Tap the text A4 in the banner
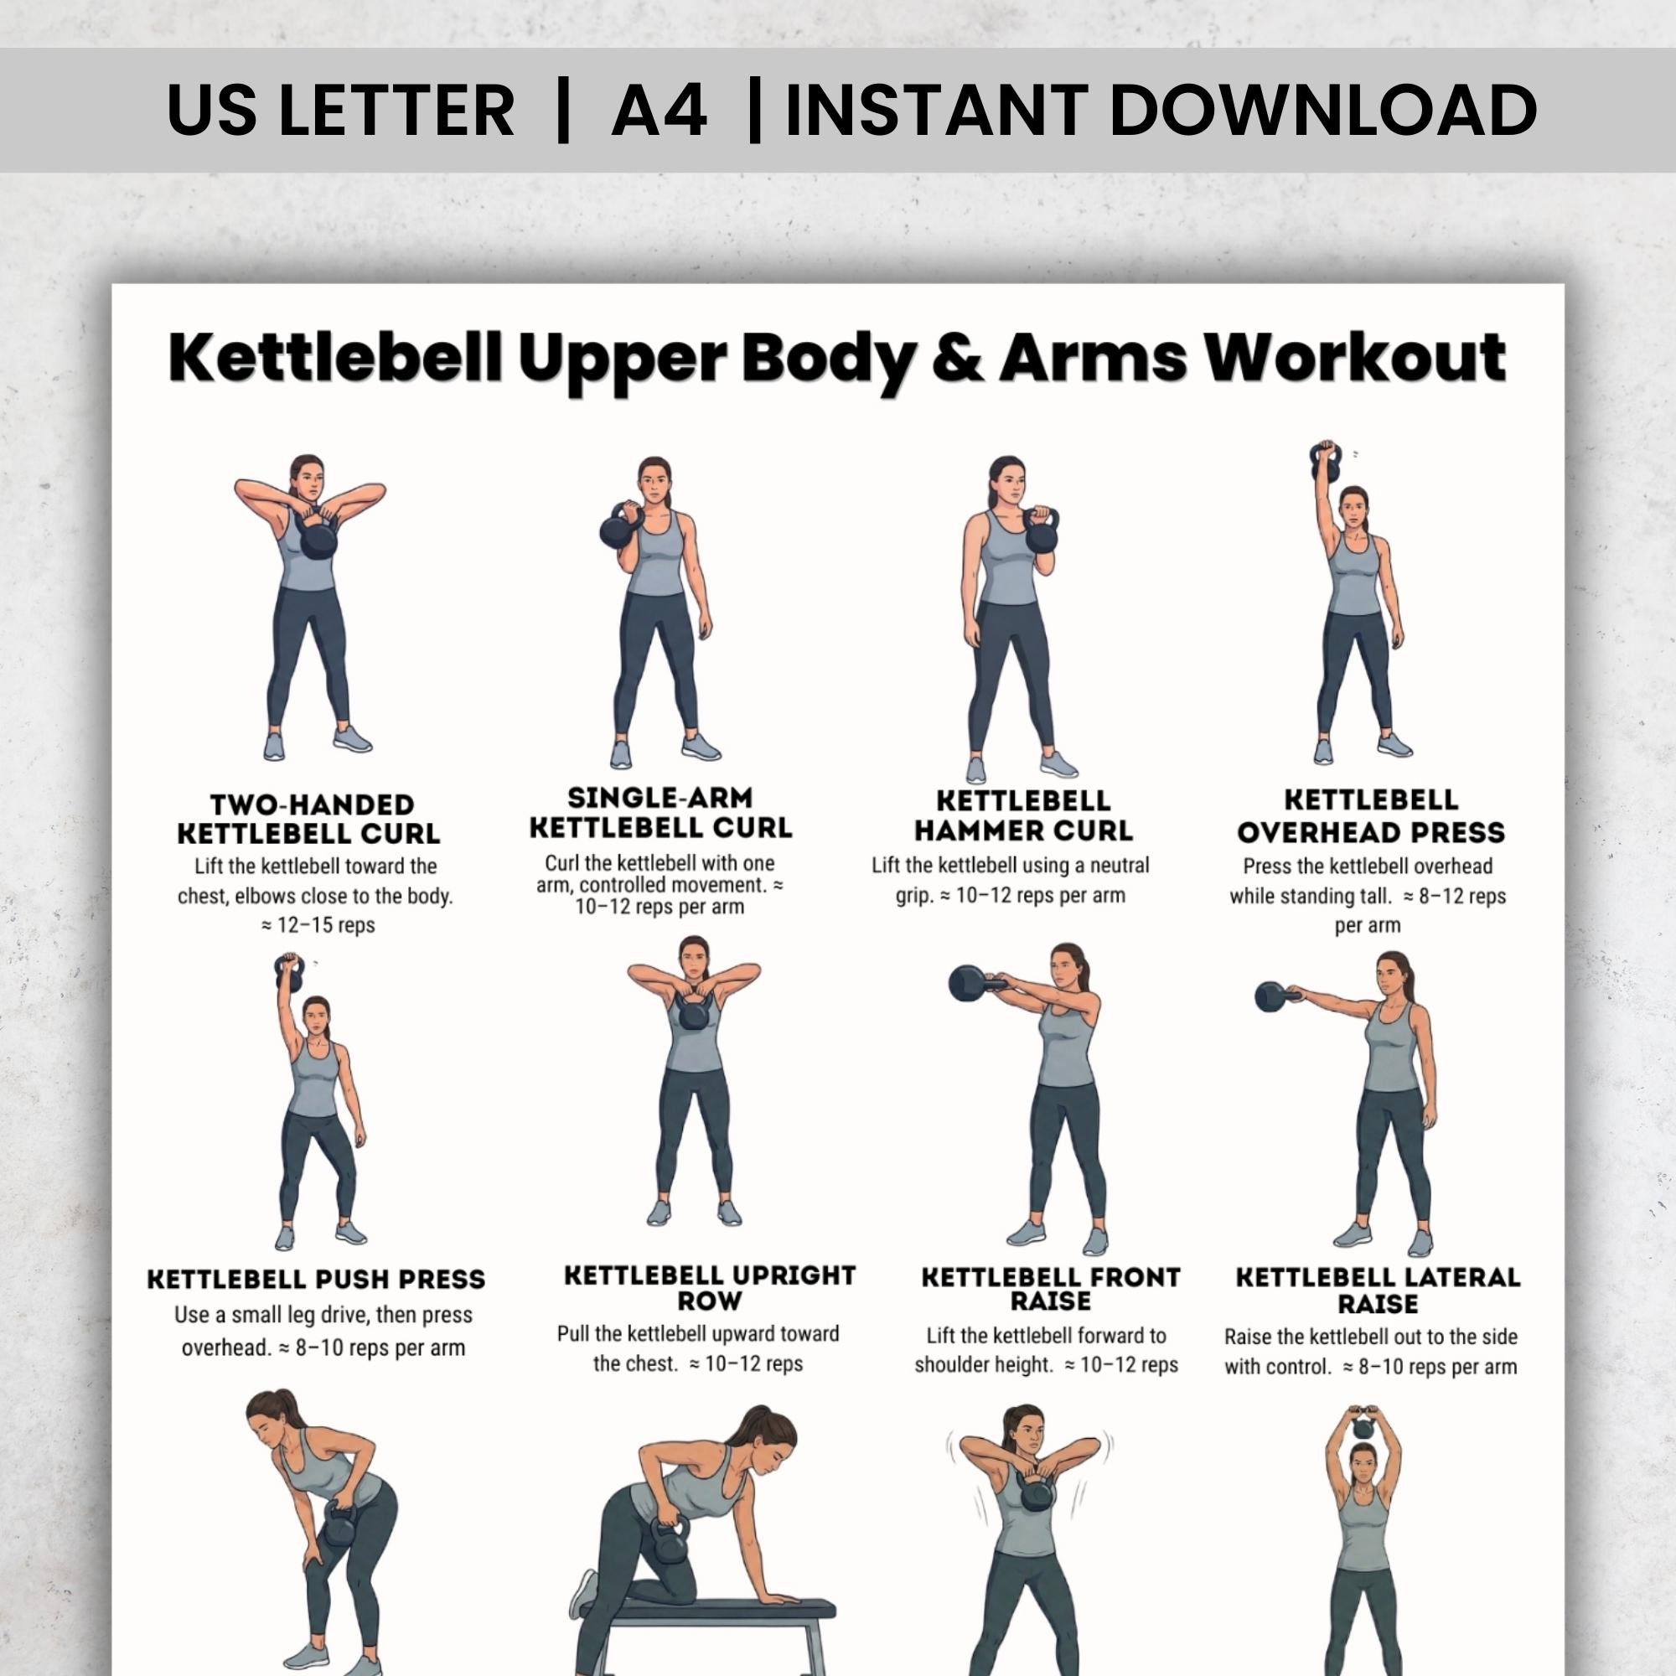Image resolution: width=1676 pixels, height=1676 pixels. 660,110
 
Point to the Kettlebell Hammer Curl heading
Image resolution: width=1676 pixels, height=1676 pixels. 1024,815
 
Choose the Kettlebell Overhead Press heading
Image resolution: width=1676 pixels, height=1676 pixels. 1371,815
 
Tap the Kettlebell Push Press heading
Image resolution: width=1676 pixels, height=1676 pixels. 316,1280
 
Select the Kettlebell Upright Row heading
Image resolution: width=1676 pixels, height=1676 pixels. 710,1287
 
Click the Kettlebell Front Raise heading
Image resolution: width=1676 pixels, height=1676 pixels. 1051,1288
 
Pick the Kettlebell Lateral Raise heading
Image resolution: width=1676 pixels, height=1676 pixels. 1378,1290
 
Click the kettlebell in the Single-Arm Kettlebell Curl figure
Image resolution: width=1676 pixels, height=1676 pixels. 620,526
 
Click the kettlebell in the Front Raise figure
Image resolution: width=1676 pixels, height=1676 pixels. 970,985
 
